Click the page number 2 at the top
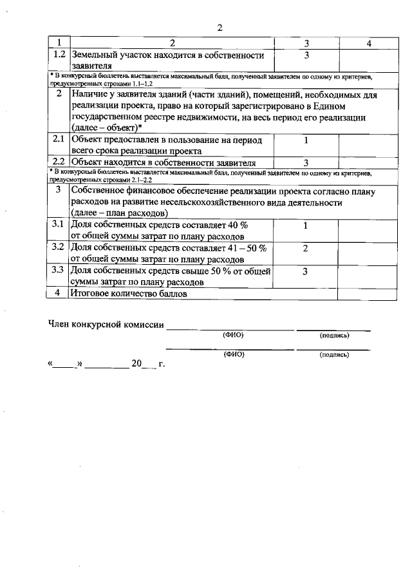tap(220, 28)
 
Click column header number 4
tap(369, 44)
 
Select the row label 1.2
tap(59, 55)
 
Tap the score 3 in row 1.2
tap(306, 55)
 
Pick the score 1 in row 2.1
tap(306, 139)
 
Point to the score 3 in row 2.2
tap(306, 162)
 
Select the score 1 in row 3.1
tap(306, 225)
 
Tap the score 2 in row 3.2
tap(306, 248)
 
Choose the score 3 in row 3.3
tap(306, 271)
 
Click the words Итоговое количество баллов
tap(129, 294)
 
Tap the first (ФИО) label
tap(233, 336)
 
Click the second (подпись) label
tap(333, 355)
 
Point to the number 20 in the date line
tap(136, 364)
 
